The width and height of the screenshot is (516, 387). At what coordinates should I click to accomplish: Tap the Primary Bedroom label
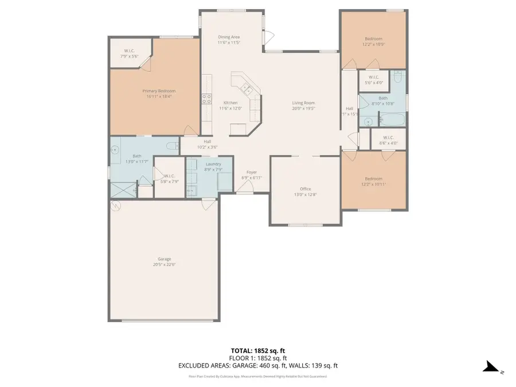pos(159,91)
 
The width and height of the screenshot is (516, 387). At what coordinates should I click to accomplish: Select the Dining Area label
pos(229,37)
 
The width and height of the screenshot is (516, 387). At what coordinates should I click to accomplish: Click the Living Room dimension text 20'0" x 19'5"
pos(304,108)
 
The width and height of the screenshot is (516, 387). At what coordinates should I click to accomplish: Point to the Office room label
pos(305,189)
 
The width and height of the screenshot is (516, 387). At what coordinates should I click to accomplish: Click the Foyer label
pos(252,172)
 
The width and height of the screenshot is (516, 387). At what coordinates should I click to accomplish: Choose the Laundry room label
pos(214,164)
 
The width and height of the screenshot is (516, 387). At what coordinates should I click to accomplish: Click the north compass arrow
pos(491,366)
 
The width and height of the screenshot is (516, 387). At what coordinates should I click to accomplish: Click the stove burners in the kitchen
pos(206,99)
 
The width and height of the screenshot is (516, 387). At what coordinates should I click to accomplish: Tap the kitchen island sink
pos(247,88)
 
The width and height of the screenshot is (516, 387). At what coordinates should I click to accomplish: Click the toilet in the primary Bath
pos(174,146)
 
